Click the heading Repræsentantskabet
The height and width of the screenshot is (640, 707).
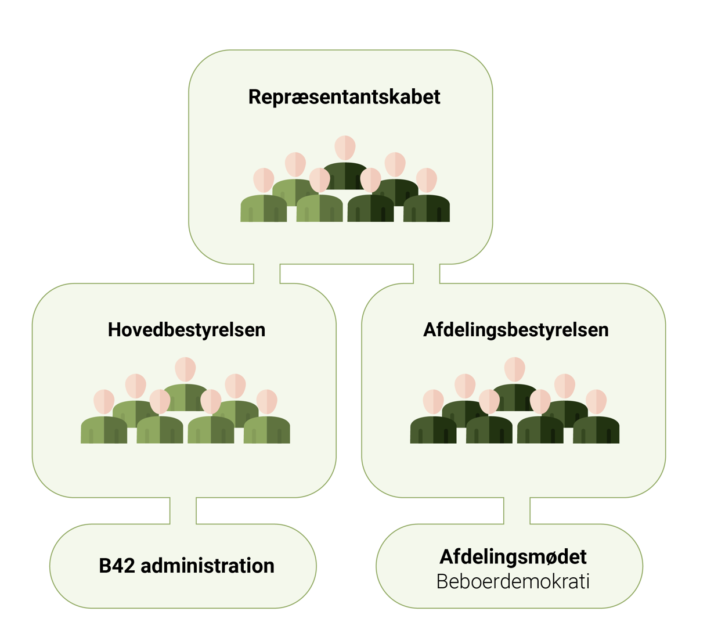tap(344, 97)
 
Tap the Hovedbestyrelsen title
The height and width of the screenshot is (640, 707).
tap(186, 330)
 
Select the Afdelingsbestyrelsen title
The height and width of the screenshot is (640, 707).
tap(515, 330)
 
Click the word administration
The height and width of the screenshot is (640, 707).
tap(208, 566)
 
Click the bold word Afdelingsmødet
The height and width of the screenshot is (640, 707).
tap(513, 556)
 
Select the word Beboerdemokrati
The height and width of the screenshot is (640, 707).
tap(513, 581)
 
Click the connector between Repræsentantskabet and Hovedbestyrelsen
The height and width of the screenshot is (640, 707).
tap(266, 274)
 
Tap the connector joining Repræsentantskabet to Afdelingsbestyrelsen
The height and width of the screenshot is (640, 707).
tap(426, 274)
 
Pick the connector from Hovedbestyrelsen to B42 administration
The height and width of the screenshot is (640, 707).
tap(183, 510)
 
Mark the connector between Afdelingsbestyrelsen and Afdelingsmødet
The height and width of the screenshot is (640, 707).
tap(517, 510)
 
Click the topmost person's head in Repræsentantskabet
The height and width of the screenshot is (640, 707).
tap(345, 148)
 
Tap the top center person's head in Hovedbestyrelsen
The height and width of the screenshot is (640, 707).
tap(185, 369)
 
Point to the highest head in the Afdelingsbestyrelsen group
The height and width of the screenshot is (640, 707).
tap(514, 369)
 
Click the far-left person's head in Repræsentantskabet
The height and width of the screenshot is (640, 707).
tap(264, 180)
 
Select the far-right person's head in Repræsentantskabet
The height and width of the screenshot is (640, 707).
tap(427, 180)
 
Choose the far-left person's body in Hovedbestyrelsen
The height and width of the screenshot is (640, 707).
tap(104, 430)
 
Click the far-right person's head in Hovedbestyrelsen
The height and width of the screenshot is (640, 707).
tap(267, 401)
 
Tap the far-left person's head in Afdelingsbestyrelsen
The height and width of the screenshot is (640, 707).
tap(433, 401)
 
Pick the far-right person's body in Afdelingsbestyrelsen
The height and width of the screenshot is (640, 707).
tap(596, 430)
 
